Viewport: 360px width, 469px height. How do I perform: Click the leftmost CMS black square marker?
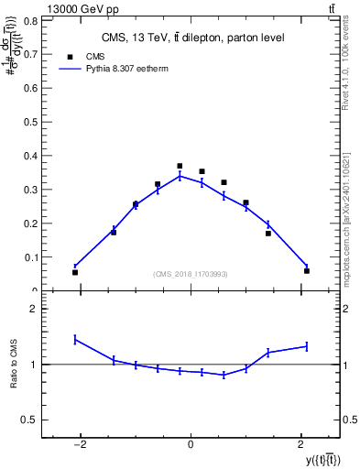[75, 272]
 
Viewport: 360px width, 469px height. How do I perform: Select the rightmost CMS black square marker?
[307, 270]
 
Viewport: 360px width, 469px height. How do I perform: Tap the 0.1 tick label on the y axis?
[33, 257]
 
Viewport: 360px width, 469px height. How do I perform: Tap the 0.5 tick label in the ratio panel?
[33, 420]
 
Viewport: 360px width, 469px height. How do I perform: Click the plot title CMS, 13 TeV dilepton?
[191, 38]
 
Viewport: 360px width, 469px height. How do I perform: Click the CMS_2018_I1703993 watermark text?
[191, 274]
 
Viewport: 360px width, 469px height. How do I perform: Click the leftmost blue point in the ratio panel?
[75, 340]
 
